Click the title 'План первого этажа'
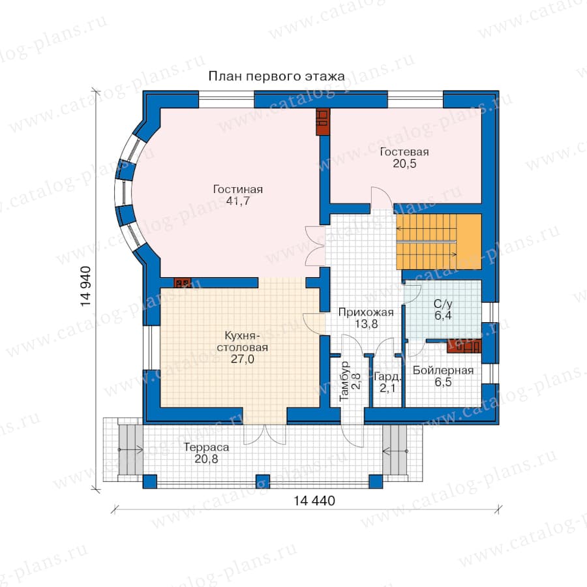pyautogui.click(x=277, y=76)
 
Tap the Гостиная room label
pyautogui.click(x=237, y=189)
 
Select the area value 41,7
pyautogui.click(x=237, y=201)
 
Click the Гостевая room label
pyautogui.click(x=404, y=151)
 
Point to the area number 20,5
pyautogui.click(x=404, y=164)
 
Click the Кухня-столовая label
pyautogui.click(x=242, y=341)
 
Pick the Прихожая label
pyautogui.click(x=366, y=312)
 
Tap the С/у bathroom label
pyautogui.click(x=443, y=303)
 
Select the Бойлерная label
pyautogui.click(x=444, y=370)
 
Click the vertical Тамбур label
pyautogui.click(x=344, y=381)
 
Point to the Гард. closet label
pyautogui.click(x=387, y=376)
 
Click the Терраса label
pyautogui.click(x=206, y=447)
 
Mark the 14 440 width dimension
pyautogui.click(x=314, y=500)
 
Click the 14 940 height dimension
pyautogui.click(x=85, y=286)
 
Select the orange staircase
pyautogui.click(x=439, y=241)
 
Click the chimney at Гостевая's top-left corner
pyautogui.click(x=322, y=122)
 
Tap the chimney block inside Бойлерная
pyautogui.click(x=464, y=346)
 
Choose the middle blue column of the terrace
pyautogui.click(x=262, y=481)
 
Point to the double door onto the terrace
pyautogui.click(x=265, y=434)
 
